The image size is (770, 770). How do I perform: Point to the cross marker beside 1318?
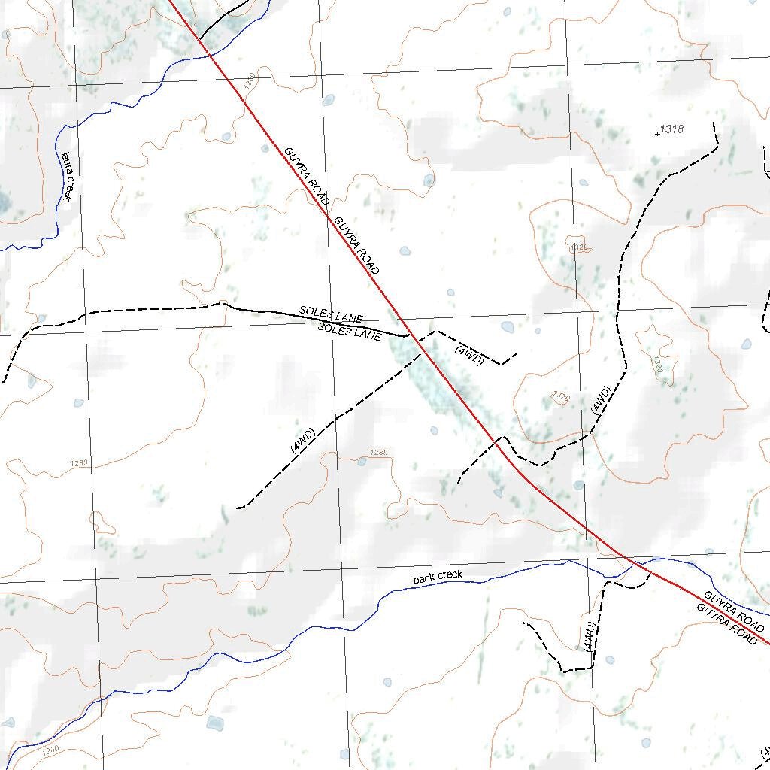coord(658,134)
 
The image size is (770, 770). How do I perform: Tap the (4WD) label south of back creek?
coord(590,636)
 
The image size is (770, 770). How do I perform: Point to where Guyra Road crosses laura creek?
coord(210,54)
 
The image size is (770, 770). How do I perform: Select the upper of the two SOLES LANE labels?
coord(331,314)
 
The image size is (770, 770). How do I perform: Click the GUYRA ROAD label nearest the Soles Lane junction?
coord(356,245)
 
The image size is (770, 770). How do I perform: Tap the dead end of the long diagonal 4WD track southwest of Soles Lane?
coord(238,508)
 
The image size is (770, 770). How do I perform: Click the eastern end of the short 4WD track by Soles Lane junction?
coord(517,353)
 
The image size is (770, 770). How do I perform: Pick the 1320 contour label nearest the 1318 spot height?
coord(579,247)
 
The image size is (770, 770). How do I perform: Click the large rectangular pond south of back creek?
coord(215,723)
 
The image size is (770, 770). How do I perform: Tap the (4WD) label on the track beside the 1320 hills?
coord(601,401)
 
